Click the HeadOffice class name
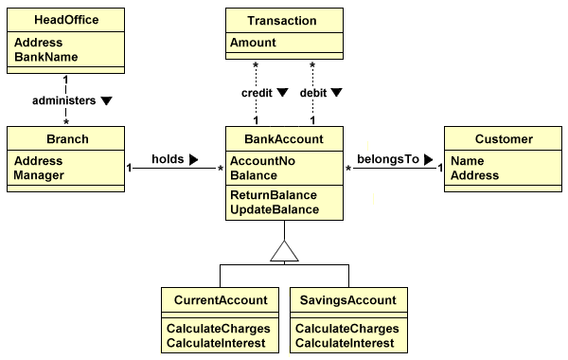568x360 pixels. [65, 20]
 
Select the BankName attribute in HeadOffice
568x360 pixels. [45, 58]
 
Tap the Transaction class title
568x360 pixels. [282, 20]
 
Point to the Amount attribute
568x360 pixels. [254, 43]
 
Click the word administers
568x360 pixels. [63, 99]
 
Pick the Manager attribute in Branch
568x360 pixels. [40, 175]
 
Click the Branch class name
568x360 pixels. [66, 139]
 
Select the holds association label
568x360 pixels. [168, 160]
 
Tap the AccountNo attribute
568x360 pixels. [263, 161]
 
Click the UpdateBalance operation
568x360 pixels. [275, 209]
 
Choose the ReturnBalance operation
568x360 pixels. [274, 195]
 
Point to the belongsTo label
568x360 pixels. [387, 159]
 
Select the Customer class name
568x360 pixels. [504, 139]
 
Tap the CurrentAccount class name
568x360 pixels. [221, 300]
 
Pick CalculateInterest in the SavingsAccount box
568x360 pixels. [346, 342]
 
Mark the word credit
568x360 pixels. [257, 94]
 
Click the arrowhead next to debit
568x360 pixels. [336, 94]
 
